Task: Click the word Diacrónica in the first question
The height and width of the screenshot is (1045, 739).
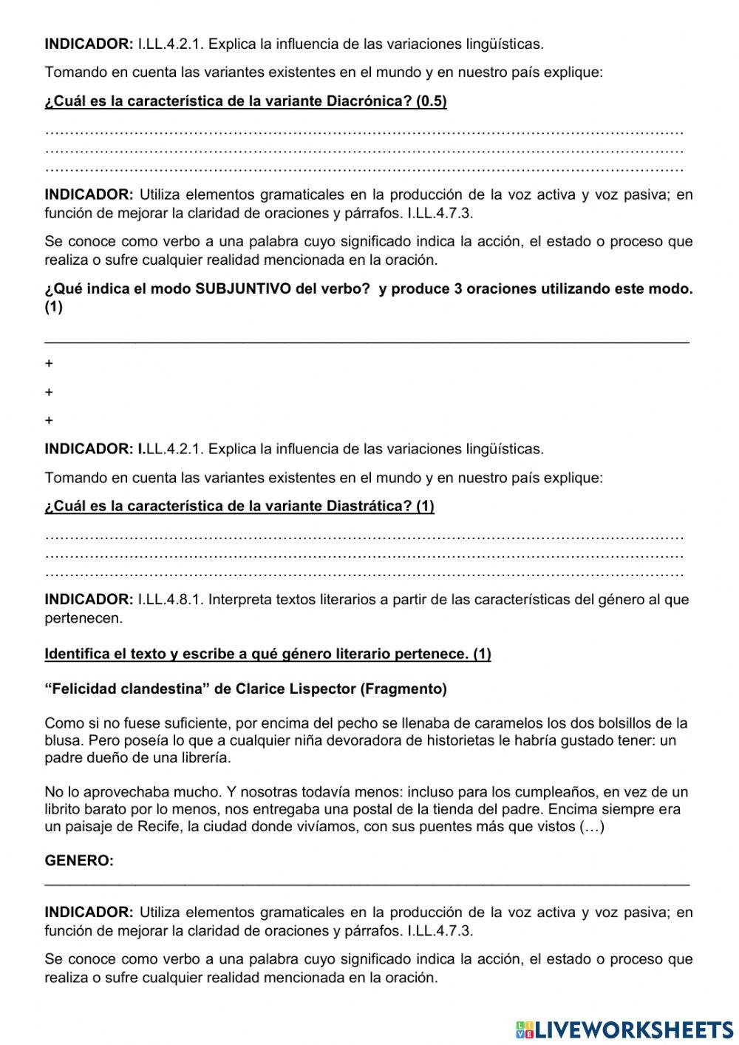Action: [x=361, y=102]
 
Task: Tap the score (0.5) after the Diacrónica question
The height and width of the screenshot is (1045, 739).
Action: [x=432, y=102]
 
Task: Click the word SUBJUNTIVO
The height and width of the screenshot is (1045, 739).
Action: [x=242, y=288]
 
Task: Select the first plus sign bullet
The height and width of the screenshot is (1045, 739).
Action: [x=49, y=364]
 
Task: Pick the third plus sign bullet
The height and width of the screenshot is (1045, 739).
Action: [x=49, y=421]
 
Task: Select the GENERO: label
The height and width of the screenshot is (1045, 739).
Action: [x=79, y=861]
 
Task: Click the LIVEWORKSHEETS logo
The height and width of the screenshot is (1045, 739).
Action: [x=624, y=1029]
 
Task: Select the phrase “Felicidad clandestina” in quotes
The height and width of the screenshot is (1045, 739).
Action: [x=126, y=689]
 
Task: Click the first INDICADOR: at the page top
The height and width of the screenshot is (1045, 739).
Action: [x=89, y=44]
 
